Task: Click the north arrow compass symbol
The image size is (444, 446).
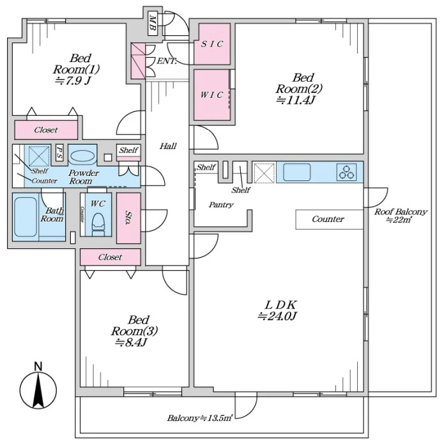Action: click(x=38, y=386)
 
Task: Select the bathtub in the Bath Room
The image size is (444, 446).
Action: click(x=26, y=217)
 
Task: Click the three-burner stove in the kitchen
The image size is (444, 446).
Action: click(x=347, y=172)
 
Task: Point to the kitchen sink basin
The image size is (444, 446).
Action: click(x=296, y=172)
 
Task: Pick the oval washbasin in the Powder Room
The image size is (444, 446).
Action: click(x=82, y=157)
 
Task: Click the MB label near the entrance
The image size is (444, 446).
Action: click(x=153, y=25)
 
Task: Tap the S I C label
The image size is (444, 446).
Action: click(x=212, y=44)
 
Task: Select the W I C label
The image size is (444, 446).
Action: click(x=211, y=95)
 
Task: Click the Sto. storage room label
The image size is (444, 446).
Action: click(x=128, y=218)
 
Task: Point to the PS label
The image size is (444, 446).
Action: click(x=59, y=153)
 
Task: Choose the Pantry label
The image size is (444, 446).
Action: click(x=221, y=205)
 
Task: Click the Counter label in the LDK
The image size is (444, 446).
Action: click(x=328, y=219)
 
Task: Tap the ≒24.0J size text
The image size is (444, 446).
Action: click(x=277, y=316)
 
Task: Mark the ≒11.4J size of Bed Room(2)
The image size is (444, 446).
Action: click(x=296, y=100)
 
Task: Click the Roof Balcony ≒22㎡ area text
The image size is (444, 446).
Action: click(x=401, y=215)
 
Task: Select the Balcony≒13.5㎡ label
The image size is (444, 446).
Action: click(x=200, y=418)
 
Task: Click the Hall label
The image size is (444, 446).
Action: click(x=168, y=146)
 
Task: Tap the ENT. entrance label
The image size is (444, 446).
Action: click(x=167, y=61)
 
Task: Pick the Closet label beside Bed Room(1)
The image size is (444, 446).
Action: click(x=46, y=131)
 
